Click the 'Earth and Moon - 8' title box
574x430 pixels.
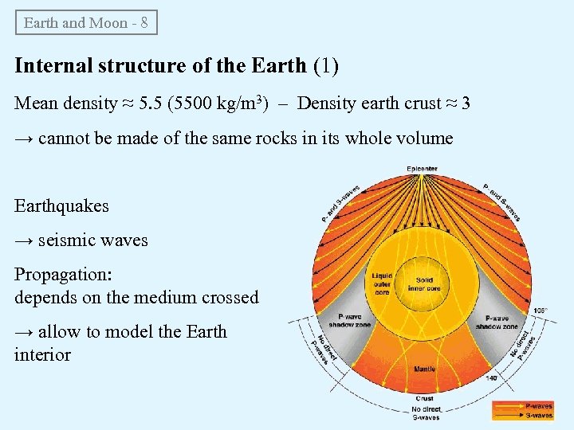point(86,22)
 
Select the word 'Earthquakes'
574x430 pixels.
point(61,205)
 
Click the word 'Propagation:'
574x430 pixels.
point(63,274)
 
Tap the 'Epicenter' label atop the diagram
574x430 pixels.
point(422,169)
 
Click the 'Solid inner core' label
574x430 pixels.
point(424,285)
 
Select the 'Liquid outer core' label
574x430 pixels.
point(382,284)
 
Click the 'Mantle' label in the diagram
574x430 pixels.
point(424,369)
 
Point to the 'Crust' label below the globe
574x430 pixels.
point(424,397)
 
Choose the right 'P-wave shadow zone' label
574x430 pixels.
point(497,322)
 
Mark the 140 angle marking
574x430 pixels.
point(491,377)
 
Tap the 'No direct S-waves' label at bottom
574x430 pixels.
point(424,411)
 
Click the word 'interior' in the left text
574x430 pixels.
point(42,354)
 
